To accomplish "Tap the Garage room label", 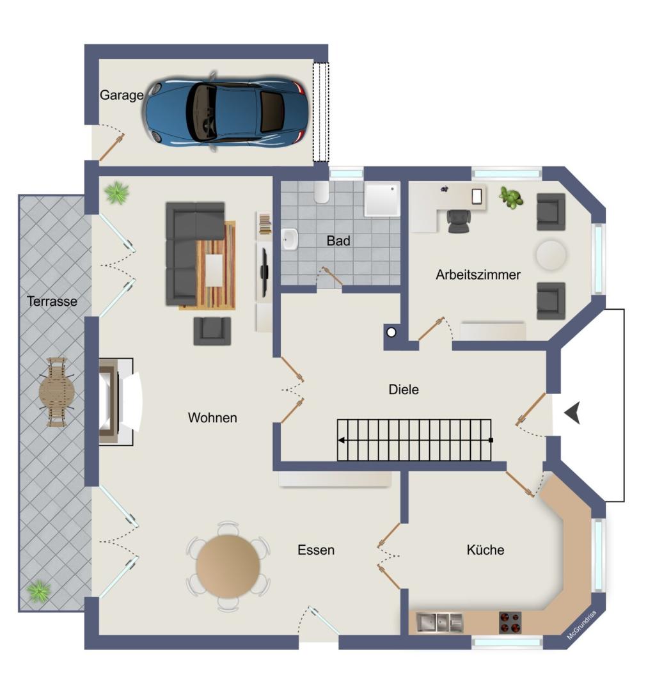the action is pyautogui.click(x=122, y=95).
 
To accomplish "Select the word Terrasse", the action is pyautogui.click(x=52, y=301).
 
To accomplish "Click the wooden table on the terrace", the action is pyautogui.click(x=57, y=392).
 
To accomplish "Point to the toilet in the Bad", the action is pyautogui.click(x=321, y=193).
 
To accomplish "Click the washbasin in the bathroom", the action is pyautogui.click(x=289, y=239).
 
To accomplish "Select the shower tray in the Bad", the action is pyautogui.click(x=382, y=199).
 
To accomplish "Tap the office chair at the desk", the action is pyautogui.click(x=459, y=221).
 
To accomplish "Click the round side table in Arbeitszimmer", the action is pyautogui.click(x=551, y=255).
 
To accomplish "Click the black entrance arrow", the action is pyautogui.click(x=572, y=413).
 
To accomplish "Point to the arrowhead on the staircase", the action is pyautogui.click(x=342, y=440).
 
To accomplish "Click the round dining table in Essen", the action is pyautogui.click(x=228, y=566).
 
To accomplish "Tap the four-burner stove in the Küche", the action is pyautogui.click(x=510, y=623).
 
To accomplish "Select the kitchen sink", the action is pyautogui.click(x=439, y=622).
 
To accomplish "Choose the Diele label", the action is pyautogui.click(x=404, y=389).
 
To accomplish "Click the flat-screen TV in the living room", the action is pyautogui.click(x=264, y=271).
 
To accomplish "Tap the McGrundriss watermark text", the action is pyautogui.click(x=581, y=626).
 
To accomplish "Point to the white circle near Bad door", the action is pyautogui.click(x=391, y=333).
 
